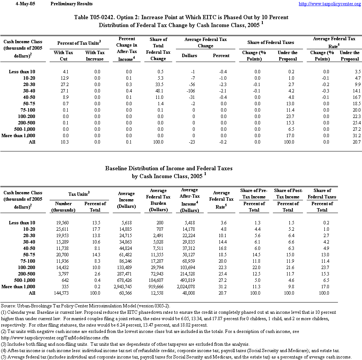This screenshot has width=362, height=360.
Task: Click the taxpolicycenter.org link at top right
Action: [x=330, y=4]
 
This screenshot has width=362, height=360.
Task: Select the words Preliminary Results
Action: [x=71, y=4]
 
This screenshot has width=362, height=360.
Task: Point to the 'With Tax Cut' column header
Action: [x=64, y=56]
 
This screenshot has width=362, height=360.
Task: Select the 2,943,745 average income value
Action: [x=126, y=286]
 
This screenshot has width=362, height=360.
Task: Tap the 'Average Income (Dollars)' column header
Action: [x=126, y=200]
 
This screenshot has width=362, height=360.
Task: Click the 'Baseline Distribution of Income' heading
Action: [x=168, y=168]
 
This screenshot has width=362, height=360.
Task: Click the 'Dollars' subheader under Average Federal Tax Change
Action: [x=189, y=55]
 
